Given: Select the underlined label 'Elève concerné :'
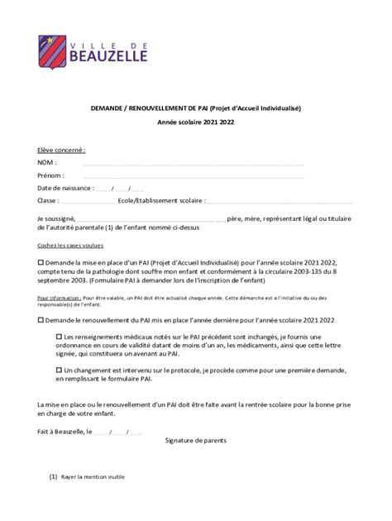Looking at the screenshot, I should tap(62, 151).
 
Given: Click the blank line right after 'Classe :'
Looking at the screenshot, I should tap(88, 201).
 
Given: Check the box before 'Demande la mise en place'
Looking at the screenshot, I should tap(41, 260).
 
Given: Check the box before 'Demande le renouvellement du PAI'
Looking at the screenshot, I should tap(41, 318).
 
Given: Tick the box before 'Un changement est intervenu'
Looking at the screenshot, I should tap(59, 371).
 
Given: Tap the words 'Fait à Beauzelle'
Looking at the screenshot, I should tap(60, 432).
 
